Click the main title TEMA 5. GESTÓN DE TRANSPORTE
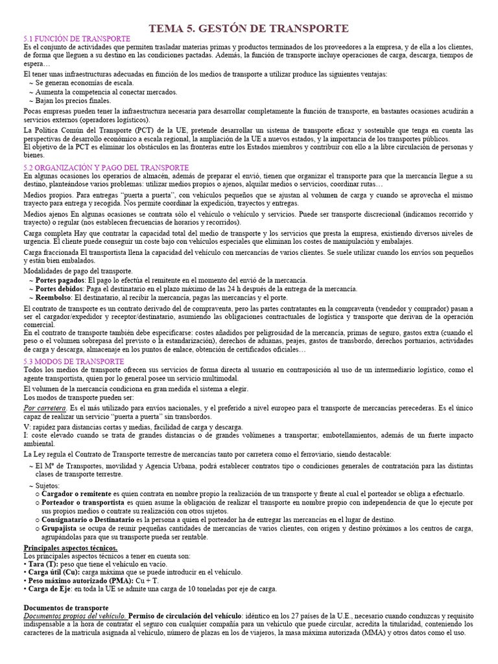tap(249, 28)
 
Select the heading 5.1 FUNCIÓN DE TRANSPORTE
tap(77, 40)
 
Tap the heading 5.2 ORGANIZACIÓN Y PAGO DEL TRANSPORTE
tap(106, 167)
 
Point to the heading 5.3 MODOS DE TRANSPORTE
tap(73, 361)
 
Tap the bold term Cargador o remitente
tap(77, 493)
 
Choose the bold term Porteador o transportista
tap(83, 503)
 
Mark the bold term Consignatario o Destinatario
tap(88, 519)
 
